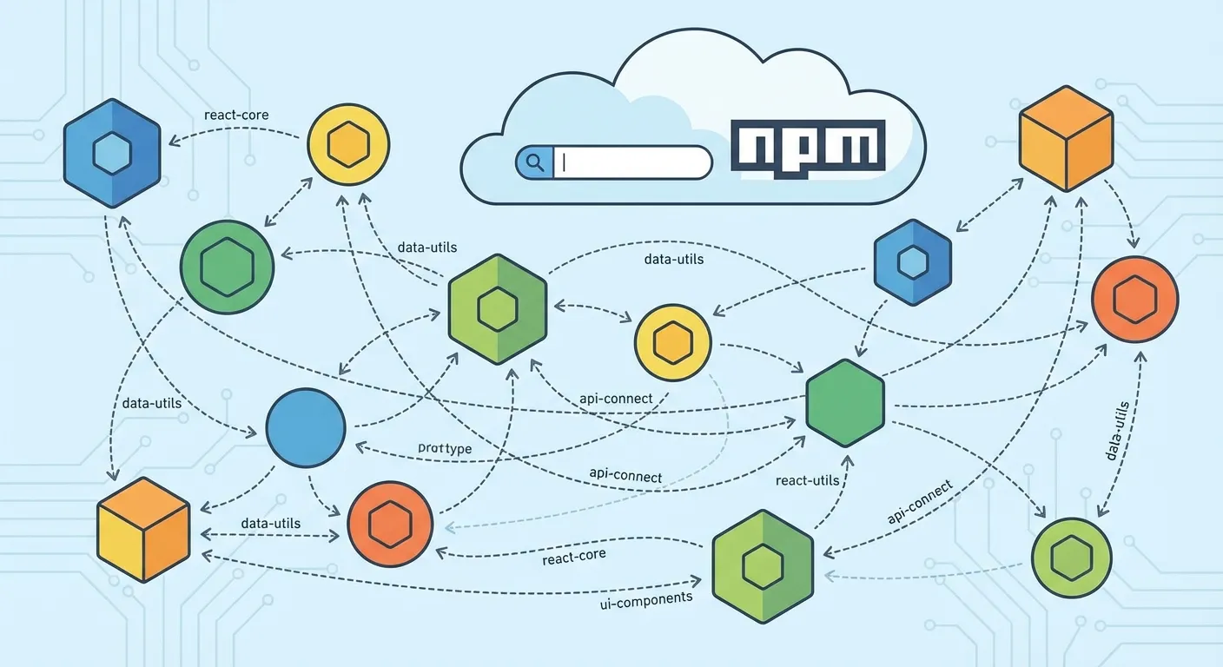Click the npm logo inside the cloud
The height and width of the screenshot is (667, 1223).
pyautogui.click(x=807, y=144)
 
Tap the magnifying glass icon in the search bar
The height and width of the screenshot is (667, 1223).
pyautogui.click(x=534, y=162)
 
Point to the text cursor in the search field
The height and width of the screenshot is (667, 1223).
pyautogui.click(x=565, y=162)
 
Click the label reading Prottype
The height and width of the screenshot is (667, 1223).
pyautogui.click(x=444, y=448)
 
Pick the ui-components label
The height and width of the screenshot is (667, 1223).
pyautogui.click(x=646, y=598)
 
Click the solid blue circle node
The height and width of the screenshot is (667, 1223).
pyautogui.click(x=305, y=427)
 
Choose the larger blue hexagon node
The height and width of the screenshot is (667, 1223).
pyautogui.click(x=111, y=154)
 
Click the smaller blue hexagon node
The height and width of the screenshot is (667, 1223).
pyautogui.click(x=912, y=261)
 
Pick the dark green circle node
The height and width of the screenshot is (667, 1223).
pyautogui.click(x=227, y=267)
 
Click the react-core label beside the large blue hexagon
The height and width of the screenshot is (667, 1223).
pyautogui.click(x=235, y=115)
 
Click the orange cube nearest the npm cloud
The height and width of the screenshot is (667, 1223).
pyautogui.click(x=1065, y=138)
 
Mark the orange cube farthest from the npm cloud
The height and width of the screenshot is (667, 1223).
pyautogui.click(x=142, y=529)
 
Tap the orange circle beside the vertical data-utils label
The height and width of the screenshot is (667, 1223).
pyautogui.click(x=1134, y=299)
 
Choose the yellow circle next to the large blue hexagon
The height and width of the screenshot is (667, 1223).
pyautogui.click(x=348, y=145)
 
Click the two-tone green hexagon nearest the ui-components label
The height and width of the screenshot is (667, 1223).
pyautogui.click(x=762, y=565)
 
